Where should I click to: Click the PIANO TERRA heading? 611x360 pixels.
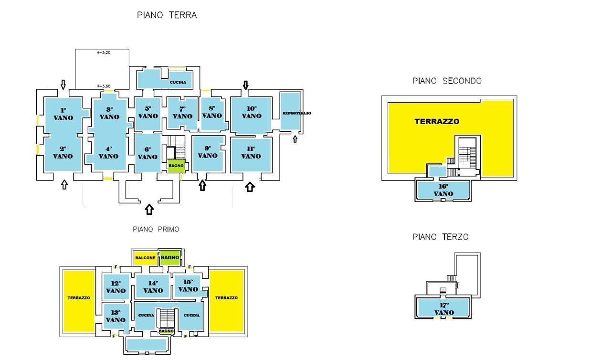coord(167,15)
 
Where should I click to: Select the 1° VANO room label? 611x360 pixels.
coord(63,114)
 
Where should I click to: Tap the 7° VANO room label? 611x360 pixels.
coord(182,113)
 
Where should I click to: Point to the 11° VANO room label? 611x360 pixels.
coord(251,152)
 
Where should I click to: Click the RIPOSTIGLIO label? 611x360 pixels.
coord(297,113)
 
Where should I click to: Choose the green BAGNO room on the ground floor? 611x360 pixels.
coord(176,166)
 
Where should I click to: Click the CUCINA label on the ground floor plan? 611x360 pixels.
coord(178,83)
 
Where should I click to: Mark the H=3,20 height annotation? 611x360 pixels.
coord(104,53)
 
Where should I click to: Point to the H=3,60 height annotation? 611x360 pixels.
coord(104,86)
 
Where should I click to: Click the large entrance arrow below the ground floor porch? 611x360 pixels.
coord(149,210)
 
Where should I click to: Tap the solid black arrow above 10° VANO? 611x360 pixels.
coord(246,85)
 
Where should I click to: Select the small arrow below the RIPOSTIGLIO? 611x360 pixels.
coord(295,139)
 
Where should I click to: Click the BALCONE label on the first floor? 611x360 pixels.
coord(145,258)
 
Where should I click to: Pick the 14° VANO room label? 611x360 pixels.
coord(153,287)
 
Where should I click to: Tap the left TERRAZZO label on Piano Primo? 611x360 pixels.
coord(79,298)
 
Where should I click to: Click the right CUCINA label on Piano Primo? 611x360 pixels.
coord(191,315)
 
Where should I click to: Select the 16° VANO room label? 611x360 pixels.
coord(443,190)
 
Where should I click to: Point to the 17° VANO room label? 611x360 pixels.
coord(444,309)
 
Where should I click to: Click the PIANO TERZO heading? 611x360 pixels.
coord(440,237)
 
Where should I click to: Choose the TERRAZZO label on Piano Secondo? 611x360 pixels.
coord(437,121)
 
